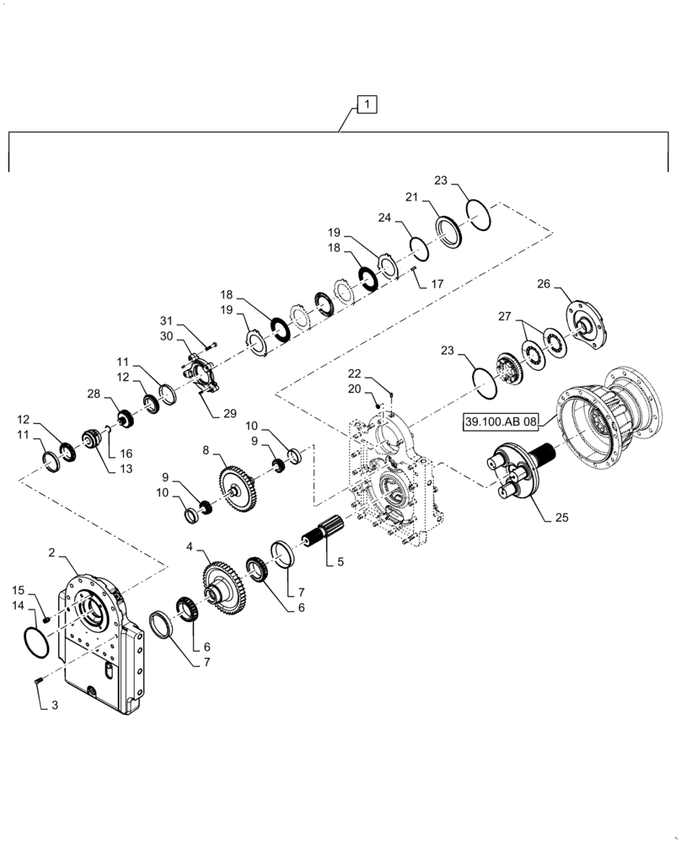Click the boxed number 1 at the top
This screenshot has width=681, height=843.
367,105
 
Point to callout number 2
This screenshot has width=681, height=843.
52,552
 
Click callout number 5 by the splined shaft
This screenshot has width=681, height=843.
340,560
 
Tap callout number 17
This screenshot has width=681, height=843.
437,285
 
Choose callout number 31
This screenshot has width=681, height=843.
165,320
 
